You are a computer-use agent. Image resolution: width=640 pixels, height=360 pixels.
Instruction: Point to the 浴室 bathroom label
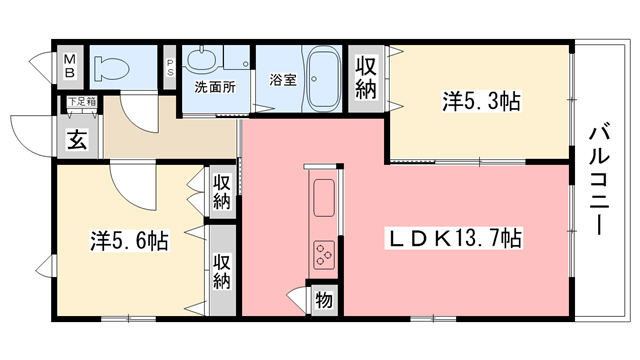(282, 80)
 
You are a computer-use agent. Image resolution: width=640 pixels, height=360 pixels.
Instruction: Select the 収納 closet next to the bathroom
(367, 77)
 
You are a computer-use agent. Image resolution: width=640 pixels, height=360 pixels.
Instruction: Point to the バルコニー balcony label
(599, 179)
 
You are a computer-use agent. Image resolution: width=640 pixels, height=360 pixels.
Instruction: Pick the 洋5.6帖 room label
(129, 241)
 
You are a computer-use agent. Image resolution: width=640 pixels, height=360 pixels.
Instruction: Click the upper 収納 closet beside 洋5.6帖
(222, 191)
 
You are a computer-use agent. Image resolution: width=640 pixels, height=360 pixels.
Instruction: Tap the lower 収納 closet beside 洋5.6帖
(221, 270)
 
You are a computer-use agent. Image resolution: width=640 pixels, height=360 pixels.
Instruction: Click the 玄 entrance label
(77, 140)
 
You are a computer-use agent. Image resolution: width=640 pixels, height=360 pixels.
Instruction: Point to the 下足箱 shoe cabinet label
(81, 102)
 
